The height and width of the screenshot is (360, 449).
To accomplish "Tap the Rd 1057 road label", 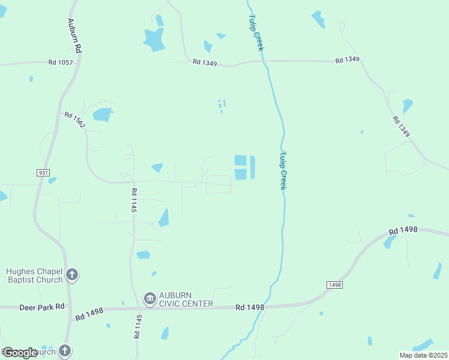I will (x=61, y=62).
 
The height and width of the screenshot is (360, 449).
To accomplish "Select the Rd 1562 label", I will (x=75, y=121).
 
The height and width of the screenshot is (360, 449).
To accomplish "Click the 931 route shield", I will (x=43, y=172).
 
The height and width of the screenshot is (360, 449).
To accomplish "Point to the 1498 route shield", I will (x=335, y=284).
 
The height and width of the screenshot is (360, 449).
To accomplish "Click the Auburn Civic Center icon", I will (x=149, y=298).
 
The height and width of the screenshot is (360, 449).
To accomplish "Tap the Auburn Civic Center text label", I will (x=185, y=299).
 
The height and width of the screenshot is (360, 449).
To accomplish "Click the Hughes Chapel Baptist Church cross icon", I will (x=72, y=275).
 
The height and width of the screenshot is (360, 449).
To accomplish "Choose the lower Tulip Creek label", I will (x=282, y=170).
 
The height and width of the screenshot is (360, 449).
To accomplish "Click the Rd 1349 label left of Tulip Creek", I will (x=205, y=62).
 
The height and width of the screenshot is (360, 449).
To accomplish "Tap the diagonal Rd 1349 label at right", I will (x=401, y=127).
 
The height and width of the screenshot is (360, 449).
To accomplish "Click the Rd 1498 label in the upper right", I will (x=402, y=230).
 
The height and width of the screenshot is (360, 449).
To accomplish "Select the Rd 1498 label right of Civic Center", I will (x=250, y=307).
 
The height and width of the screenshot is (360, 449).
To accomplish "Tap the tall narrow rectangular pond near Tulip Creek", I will (x=252, y=167).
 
